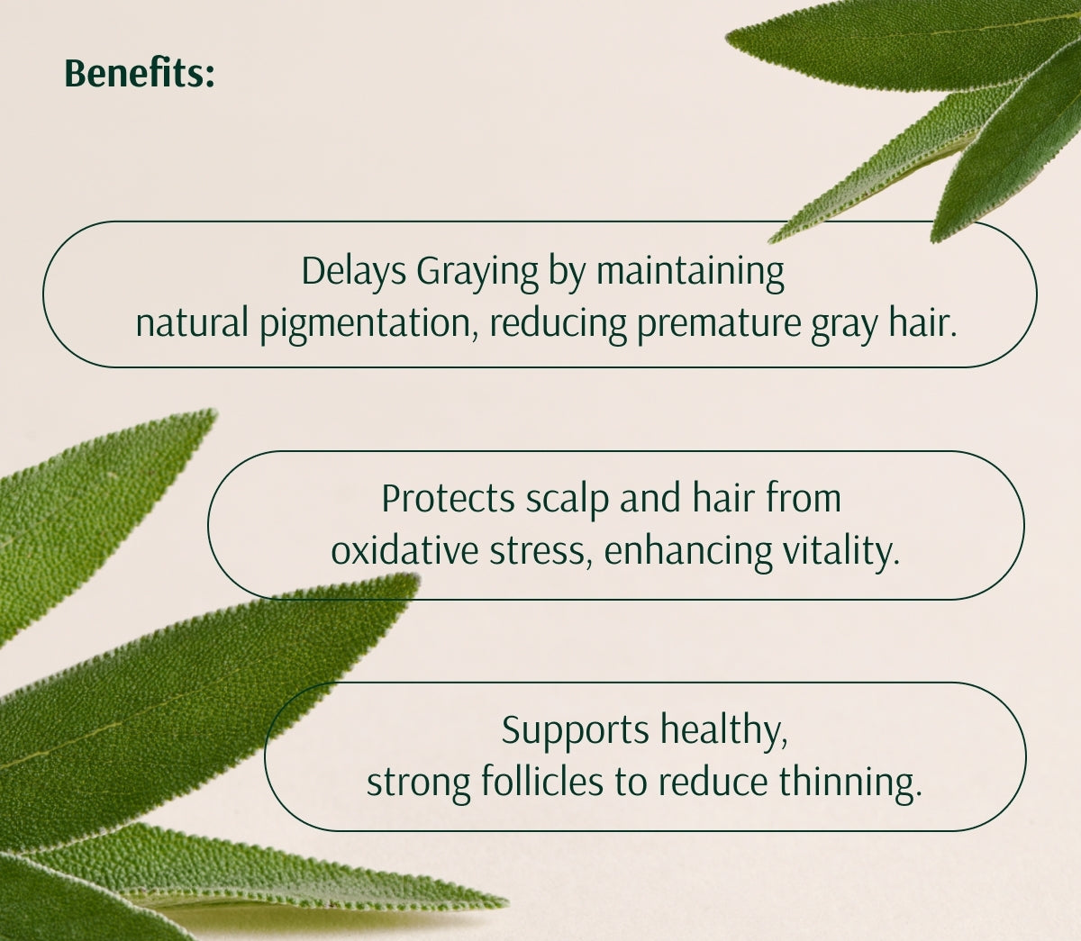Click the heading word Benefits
pos(140,74)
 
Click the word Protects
pos(448,498)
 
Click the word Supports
pos(575,729)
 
